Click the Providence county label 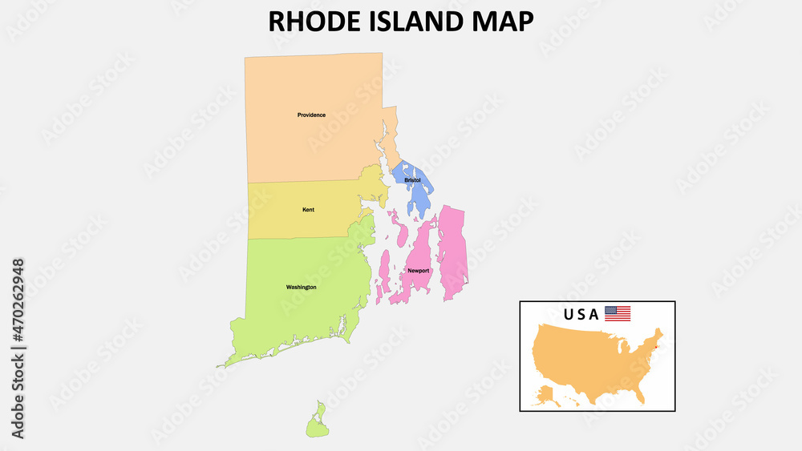click(311, 115)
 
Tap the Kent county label click(308, 210)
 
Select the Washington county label click(301, 287)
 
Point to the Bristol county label click(412, 180)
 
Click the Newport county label click(419, 271)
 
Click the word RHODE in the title click(314, 21)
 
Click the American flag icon click(618, 313)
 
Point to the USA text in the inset click(581, 314)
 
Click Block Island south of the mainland click(318, 422)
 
